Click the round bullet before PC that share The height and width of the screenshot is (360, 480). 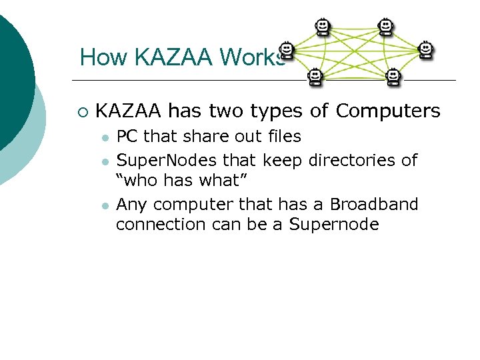coord(105,138)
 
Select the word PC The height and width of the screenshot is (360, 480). coord(127,137)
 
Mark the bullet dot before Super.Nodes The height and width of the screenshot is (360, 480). coord(105,161)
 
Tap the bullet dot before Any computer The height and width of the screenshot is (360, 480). coord(105,205)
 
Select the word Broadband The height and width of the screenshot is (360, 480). coord(374,204)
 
